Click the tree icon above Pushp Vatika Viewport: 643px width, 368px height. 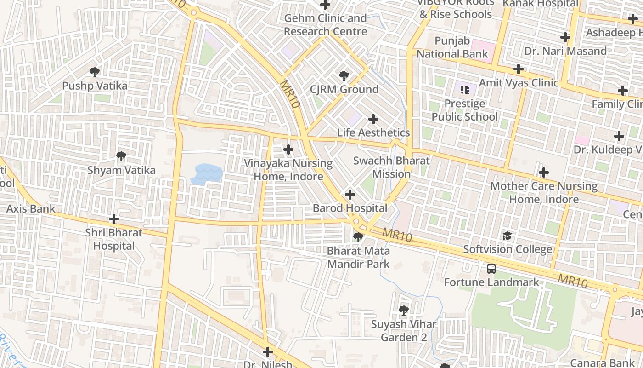pos(95,72)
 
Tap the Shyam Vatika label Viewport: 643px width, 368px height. pos(121,170)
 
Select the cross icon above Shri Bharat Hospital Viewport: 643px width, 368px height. pos(114,219)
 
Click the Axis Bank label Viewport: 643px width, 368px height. pos(31,209)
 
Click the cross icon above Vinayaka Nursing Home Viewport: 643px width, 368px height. pos(288,149)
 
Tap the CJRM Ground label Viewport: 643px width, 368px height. pos(344,89)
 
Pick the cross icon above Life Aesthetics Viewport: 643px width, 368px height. pos(373,119)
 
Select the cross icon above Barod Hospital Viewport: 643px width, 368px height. pos(350,195)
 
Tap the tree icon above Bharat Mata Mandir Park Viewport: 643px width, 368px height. pos(358,237)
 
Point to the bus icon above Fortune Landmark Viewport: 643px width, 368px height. pos(491,268)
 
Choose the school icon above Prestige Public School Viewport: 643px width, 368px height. pos(464,90)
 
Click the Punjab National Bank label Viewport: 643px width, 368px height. pos(452,47)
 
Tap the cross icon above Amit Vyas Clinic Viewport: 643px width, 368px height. pos(519,69)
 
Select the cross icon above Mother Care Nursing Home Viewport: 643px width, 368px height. pos(544,173)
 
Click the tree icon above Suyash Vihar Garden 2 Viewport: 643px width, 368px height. pos(404,310)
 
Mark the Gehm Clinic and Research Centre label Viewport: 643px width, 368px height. pos(325,25)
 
